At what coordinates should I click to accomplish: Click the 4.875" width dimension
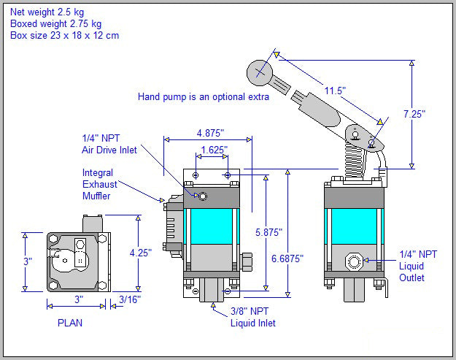pos(210,133)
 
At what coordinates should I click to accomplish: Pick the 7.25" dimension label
pos(413,114)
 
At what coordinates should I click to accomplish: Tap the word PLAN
pos(71,322)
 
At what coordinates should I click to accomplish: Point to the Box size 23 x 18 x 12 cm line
pos(64,35)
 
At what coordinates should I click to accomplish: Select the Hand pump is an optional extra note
pos(204,96)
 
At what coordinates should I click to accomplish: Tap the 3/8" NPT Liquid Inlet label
pos(253,317)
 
